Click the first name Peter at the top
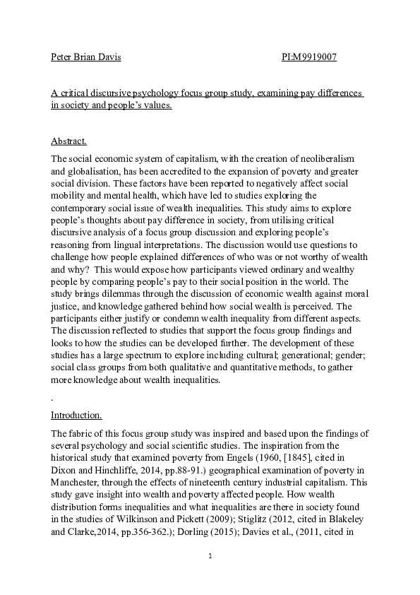(x=62, y=57)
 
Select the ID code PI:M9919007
(x=304, y=57)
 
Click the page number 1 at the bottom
(x=210, y=557)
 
